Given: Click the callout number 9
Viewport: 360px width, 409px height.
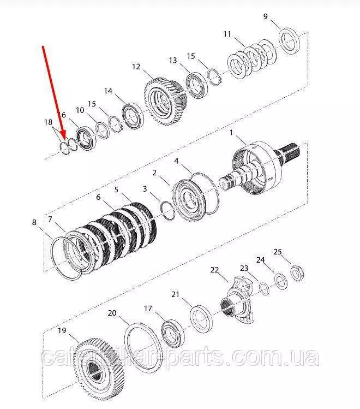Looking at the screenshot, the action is (x=265, y=16).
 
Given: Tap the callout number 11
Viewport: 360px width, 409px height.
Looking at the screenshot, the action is (x=227, y=34).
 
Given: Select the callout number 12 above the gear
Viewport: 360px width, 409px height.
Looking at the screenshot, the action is (x=136, y=67).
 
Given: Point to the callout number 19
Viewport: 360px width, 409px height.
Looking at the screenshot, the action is (x=62, y=330).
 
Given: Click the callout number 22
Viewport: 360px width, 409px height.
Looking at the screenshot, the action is (x=214, y=270).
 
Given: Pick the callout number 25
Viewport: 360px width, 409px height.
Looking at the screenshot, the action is (x=278, y=252).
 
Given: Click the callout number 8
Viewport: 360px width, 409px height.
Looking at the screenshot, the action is (x=34, y=222).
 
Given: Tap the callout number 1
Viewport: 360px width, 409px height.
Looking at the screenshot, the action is (x=231, y=133).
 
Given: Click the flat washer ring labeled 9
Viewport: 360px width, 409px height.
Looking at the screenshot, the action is (x=289, y=41).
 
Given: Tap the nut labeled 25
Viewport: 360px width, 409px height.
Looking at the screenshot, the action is (x=297, y=273).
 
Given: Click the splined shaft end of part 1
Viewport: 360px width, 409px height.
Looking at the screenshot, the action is (x=289, y=155).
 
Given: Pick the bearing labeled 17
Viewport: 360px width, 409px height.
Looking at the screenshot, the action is (x=173, y=333).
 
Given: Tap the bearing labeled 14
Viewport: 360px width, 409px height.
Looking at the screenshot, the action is (x=133, y=116).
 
